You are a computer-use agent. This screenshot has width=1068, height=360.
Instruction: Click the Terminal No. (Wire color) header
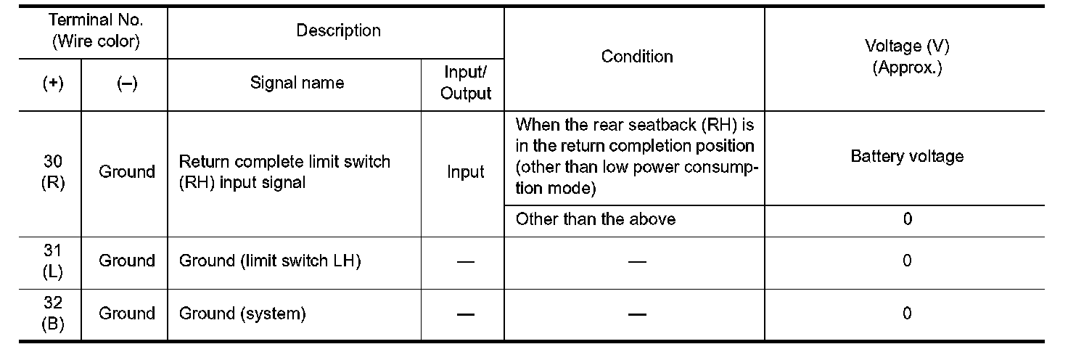pos(96,31)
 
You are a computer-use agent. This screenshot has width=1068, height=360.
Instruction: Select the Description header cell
pos(338,30)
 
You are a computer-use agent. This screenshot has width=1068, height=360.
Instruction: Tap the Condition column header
pos(636,57)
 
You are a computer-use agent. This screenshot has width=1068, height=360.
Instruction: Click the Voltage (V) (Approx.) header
pos(907,57)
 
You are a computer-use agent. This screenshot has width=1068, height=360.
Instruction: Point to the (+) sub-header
pos(52,83)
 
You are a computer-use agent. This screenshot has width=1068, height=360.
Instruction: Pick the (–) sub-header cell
pos(126,83)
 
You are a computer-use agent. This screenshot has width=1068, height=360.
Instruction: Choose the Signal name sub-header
pos(297,83)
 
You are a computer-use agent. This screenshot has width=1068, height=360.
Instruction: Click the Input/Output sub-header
pos(465,83)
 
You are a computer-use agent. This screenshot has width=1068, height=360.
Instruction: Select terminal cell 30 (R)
pos(52,172)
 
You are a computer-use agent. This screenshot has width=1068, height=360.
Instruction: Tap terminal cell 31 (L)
pos(52,261)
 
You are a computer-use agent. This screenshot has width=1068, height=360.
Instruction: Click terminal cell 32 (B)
pos(52,314)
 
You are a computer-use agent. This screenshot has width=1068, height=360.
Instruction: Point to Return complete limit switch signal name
pos(284,172)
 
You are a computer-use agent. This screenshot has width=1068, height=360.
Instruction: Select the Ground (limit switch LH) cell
pos(270,261)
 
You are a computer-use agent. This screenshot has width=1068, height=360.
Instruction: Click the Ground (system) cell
pos(242,314)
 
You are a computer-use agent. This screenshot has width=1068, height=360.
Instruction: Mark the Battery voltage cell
pos(907,156)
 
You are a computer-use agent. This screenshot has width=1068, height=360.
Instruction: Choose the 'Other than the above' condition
pos(595,219)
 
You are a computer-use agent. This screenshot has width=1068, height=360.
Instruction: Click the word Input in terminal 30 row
pos(465,172)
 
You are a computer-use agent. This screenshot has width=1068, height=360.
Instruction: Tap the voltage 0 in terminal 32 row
pos(907,314)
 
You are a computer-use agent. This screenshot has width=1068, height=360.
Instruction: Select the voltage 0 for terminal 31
pos(907,261)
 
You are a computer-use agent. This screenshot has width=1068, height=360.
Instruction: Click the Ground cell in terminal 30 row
pos(126,172)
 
